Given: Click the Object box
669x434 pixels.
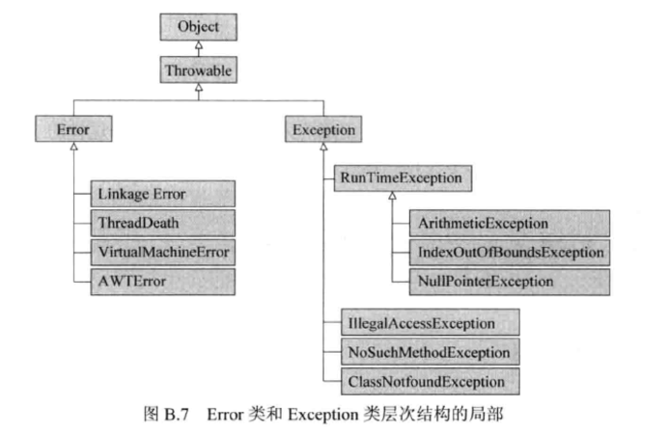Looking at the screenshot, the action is pyautogui.click(x=199, y=27).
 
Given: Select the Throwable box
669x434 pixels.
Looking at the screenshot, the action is pyautogui.click(x=199, y=69).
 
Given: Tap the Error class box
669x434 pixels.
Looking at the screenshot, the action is pyautogui.click(x=73, y=128).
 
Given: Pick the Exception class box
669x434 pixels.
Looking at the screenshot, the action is pyautogui.click(x=323, y=129).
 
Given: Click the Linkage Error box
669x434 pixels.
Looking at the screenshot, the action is pyautogui.click(x=162, y=194).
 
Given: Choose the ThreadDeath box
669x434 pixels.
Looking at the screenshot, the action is pyautogui.click(x=162, y=223).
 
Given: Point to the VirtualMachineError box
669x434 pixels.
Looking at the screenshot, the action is pyautogui.click(x=162, y=253).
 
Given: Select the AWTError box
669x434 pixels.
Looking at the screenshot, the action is pyautogui.click(x=162, y=282).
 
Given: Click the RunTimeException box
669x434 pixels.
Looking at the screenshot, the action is pyautogui.click(x=403, y=178).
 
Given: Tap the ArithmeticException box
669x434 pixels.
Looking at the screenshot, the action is pyautogui.click(x=510, y=224).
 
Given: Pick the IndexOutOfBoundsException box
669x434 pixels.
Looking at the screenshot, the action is pyautogui.click(x=510, y=253).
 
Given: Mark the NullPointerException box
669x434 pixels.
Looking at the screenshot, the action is pyautogui.click(x=510, y=282).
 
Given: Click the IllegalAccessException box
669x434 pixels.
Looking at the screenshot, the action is pyautogui.click(x=431, y=323).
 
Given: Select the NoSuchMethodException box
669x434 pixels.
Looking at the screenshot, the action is pyautogui.click(x=431, y=352).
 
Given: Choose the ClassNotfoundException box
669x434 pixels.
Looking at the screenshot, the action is pyautogui.click(x=431, y=382).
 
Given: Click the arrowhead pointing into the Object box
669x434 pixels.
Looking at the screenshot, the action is pyautogui.click(x=199, y=45).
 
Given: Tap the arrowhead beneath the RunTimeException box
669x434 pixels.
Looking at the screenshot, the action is pyautogui.click(x=392, y=196).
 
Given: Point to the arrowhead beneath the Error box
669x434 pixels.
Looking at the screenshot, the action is pyautogui.click(x=73, y=147).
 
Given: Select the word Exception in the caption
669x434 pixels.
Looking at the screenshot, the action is pyautogui.click(x=323, y=415).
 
